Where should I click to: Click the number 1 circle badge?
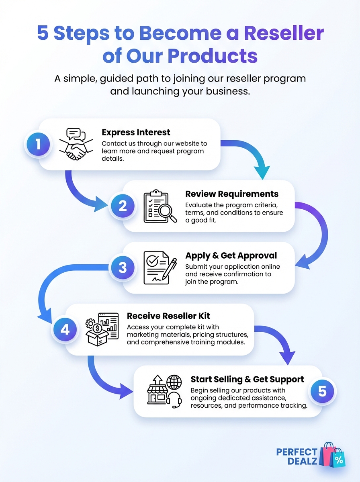(x=38, y=144)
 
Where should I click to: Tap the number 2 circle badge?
(x=123, y=206)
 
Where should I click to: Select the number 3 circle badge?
(x=123, y=268)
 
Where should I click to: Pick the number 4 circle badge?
(x=65, y=329)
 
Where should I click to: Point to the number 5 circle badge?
(x=322, y=391)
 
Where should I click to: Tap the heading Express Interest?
(x=136, y=132)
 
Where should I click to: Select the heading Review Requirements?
(x=232, y=194)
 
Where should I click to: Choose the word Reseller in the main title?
(x=284, y=33)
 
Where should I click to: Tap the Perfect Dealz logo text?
(x=297, y=456)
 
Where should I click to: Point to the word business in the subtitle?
(x=225, y=91)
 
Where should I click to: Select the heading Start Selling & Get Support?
(x=247, y=379)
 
